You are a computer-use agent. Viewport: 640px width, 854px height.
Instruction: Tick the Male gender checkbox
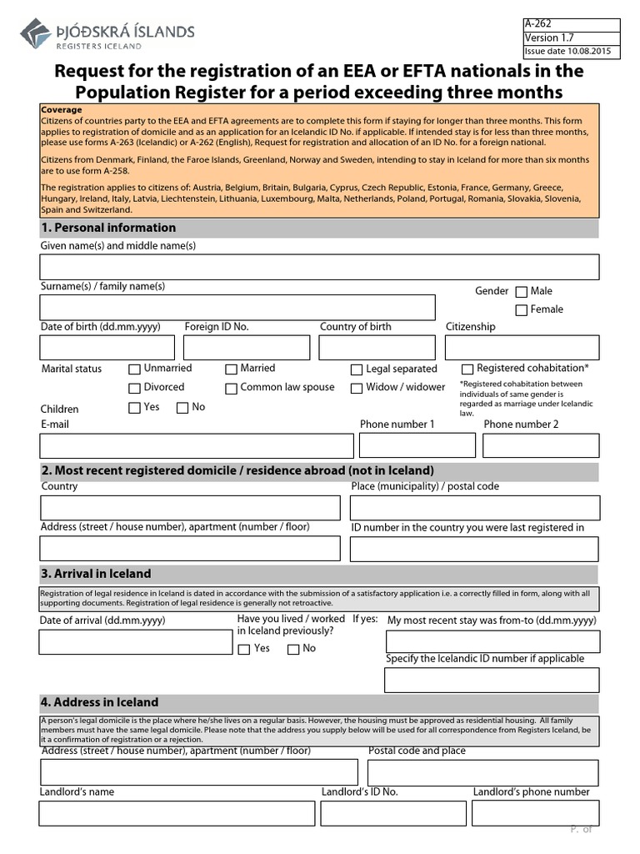(522, 292)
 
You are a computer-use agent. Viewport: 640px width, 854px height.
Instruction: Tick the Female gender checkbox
(522, 310)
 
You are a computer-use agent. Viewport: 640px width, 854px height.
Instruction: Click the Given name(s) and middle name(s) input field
(319, 267)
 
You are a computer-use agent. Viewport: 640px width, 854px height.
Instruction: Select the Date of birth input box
(107, 347)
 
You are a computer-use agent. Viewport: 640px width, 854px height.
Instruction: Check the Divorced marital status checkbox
(134, 388)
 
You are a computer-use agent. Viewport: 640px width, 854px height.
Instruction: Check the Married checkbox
(231, 369)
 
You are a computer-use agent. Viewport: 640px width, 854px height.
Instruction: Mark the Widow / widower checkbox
(357, 388)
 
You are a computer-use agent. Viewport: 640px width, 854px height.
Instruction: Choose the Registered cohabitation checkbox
(467, 369)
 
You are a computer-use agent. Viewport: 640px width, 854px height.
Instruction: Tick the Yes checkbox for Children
(134, 408)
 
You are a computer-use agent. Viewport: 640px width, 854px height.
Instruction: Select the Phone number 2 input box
(540, 445)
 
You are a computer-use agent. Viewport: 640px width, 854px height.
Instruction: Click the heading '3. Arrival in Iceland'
(102, 574)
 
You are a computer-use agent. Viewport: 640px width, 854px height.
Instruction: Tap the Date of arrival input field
(136, 641)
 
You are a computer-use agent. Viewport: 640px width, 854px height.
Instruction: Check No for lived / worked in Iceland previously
(293, 650)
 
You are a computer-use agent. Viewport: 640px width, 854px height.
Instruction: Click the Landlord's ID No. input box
(392, 812)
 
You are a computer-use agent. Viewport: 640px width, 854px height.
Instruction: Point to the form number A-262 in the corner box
(538, 24)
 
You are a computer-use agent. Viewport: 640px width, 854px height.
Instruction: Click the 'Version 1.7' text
(549, 38)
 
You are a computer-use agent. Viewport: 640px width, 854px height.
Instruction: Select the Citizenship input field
(522, 347)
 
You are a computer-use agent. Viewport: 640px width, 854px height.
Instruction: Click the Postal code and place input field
(482, 772)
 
